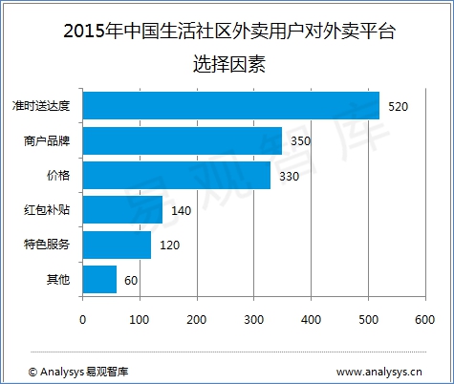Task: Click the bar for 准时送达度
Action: point(231,105)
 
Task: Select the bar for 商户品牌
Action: point(183,140)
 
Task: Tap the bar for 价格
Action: point(177,176)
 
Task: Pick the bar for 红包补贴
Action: point(122,209)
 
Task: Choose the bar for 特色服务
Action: point(117,245)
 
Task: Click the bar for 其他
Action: point(99,279)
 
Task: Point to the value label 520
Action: point(399,106)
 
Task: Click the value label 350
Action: point(301,141)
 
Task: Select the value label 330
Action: point(290,177)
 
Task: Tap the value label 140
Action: point(181,210)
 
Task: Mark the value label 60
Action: point(132,280)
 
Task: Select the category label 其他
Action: point(64,280)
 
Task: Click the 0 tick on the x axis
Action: point(83,318)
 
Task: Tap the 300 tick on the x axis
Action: point(254,318)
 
